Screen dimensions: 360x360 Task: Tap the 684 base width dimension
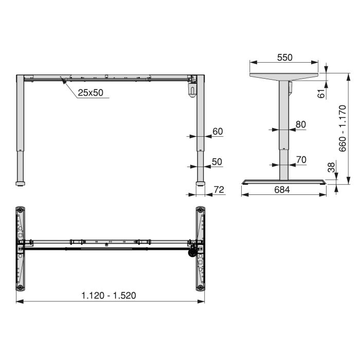pyautogui.click(x=282, y=190)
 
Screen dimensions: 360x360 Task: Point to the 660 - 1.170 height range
pyautogui.click(x=343, y=128)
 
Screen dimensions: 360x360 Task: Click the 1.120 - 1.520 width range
pyautogui.click(x=109, y=295)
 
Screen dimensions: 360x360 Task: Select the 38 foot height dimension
pyautogui.click(x=332, y=168)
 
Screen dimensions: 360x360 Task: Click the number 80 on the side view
pyautogui.click(x=301, y=124)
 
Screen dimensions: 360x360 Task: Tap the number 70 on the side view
pyautogui.click(x=301, y=159)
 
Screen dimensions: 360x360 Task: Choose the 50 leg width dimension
pyautogui.click(x=217, y=161)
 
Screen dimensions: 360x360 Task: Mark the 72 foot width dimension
pyautogui.click(x=219, y=190)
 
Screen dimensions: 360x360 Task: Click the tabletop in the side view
pyautogui.click(x=284, y=76)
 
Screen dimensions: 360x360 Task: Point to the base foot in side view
pyautogui.click(x=284, y=181)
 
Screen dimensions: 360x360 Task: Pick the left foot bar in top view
pyautogui.click(x=20, y=249)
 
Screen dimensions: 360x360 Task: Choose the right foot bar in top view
pyautogui.click(x=200, y=249)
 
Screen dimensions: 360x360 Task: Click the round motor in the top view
pyautogui.click(x=192, y=252)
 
